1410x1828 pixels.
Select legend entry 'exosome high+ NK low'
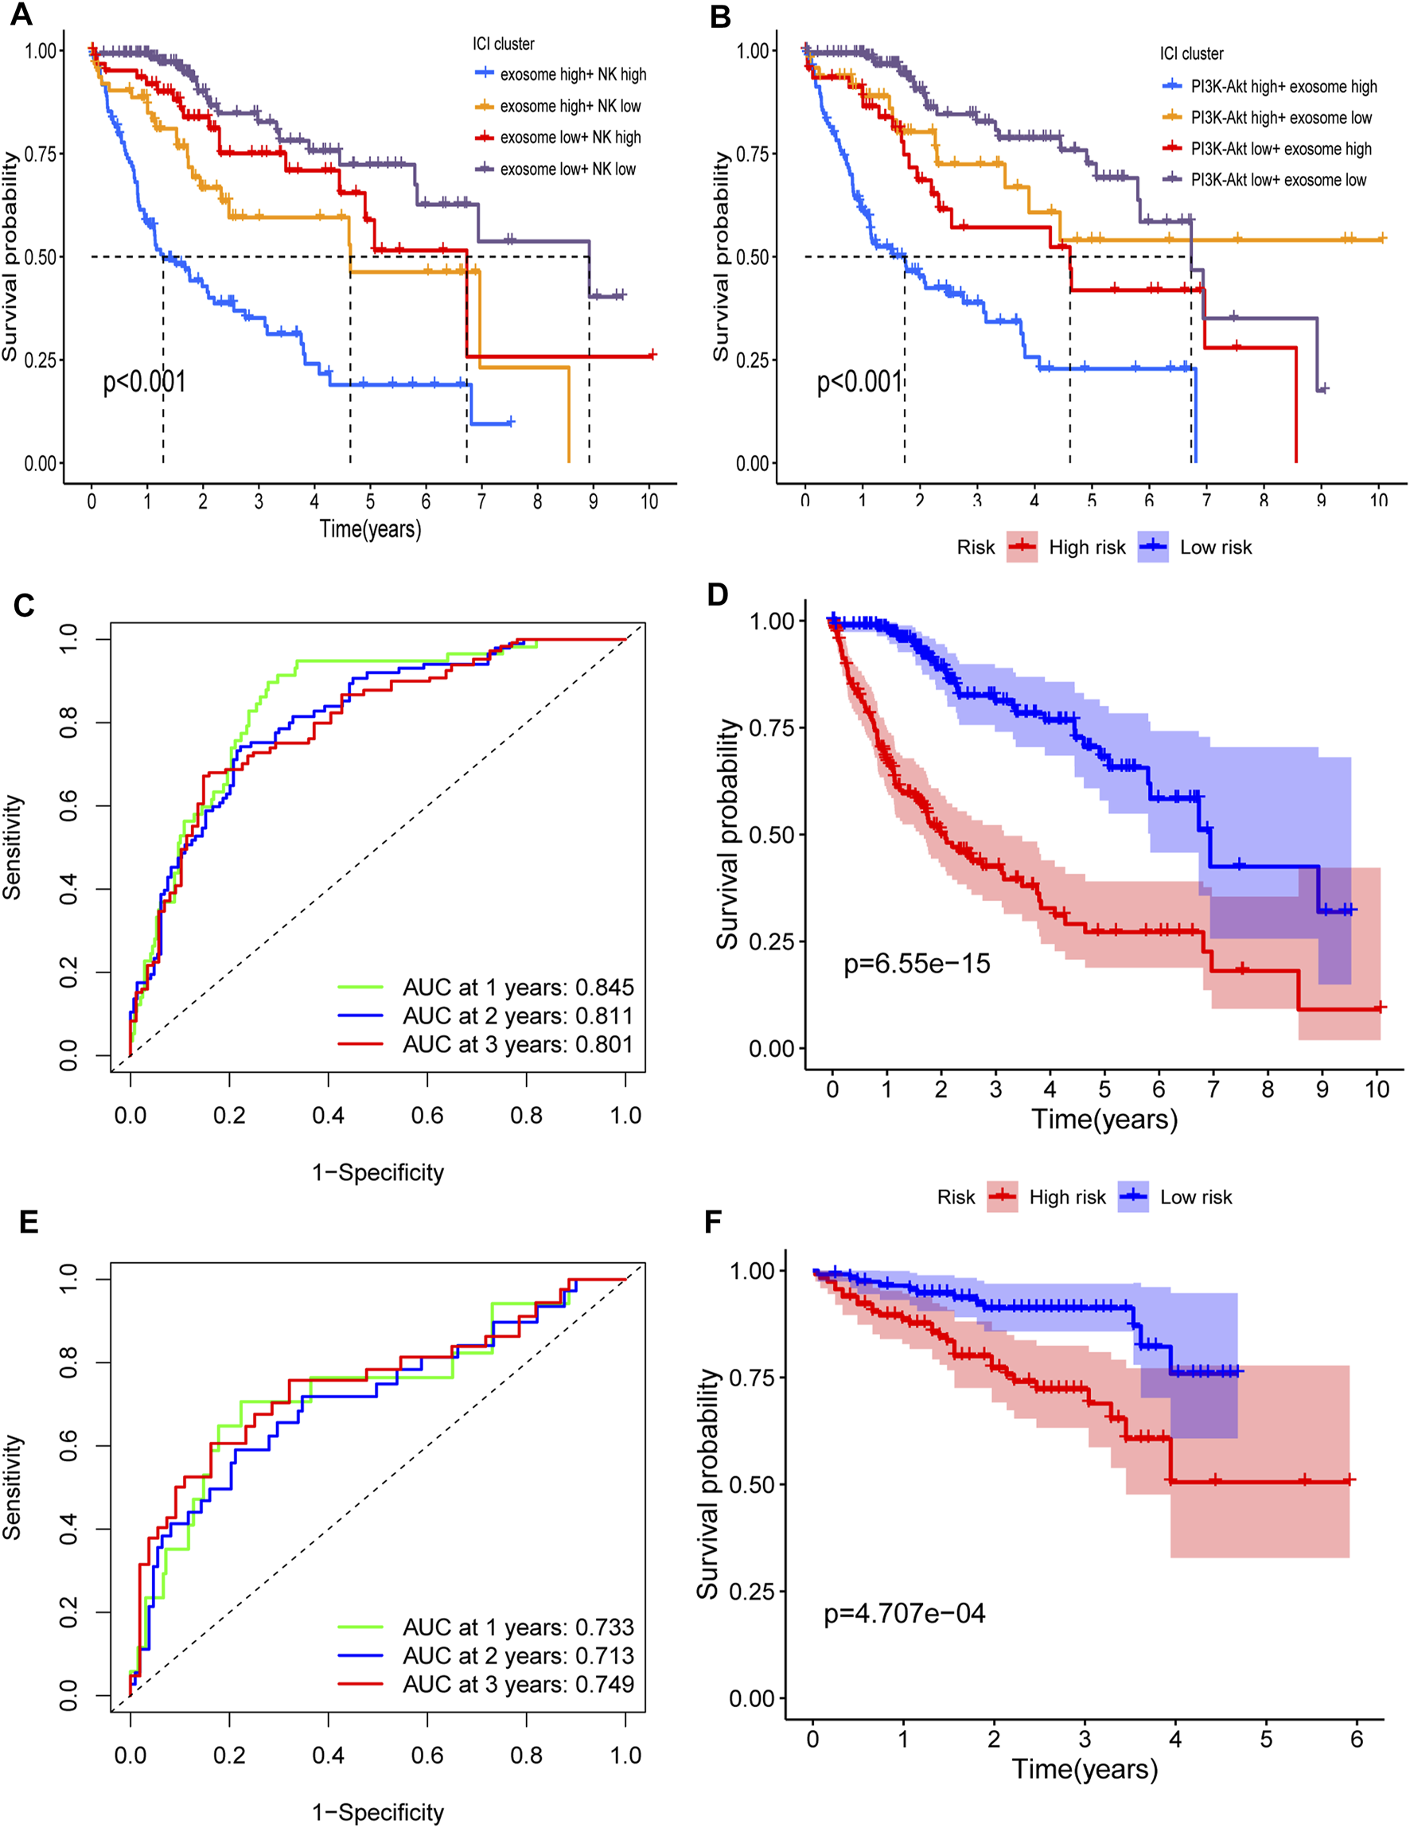pyautogui.click(x=570, y=107)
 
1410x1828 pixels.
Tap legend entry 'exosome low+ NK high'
pyautogui.click(x=570, y=137)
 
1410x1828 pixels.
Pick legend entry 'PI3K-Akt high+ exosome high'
pyautogui.click(x=1283, y=86)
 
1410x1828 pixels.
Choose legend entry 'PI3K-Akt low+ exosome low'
pyautogui.click(x=1278, y=180)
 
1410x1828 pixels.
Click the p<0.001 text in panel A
pyautogui.click(x=144, y=382)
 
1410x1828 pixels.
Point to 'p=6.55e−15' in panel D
pyautogui.click(x=917, y=964)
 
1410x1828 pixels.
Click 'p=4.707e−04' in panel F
pyautogui.click(x=905, y=1613)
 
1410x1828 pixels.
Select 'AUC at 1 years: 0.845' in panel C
pyautogui.click(x=518, y=988)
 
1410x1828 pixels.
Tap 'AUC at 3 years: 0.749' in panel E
pyautogui.click(x=518, y=1684)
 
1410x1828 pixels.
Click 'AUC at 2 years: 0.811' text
pyautogui.click(x=518, y=1016)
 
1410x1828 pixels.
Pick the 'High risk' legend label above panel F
pyautogui.click(x=1067, y=1198)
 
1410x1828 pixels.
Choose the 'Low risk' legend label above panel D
pyautogui.click(x=1215, y=548)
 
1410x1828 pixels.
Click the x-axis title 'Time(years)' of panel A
pyautogui.click(x=370, y=529)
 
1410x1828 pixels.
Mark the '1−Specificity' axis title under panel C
pyautogui.click(x=377, y=1172)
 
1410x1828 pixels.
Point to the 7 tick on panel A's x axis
pyautogui.click(x=481, y=501)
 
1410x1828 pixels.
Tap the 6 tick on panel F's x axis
pyautogui.click(x=1357, y=1740)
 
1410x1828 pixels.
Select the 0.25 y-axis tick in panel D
pyautogui.click(x=772, y=941)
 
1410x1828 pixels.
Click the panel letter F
pyautogui.click(x=713, y=1222)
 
